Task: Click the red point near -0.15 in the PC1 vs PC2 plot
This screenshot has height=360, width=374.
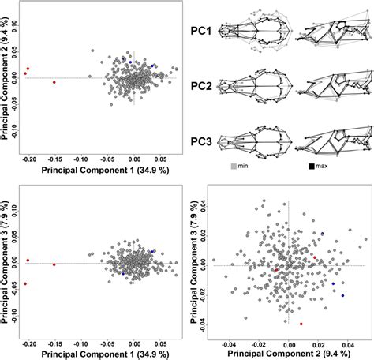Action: (x=54, y=82)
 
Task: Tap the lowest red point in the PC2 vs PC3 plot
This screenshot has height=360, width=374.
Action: (x=301, y=324)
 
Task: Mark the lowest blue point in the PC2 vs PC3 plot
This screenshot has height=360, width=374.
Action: (x=342, y=295)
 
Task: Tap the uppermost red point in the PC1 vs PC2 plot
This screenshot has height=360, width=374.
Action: (x=28, y=68)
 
